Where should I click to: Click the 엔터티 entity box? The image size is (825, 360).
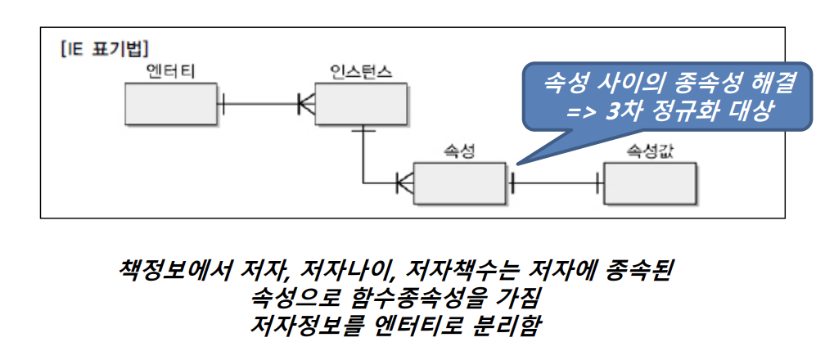[170, 105]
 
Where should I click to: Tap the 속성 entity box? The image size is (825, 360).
[460, 182]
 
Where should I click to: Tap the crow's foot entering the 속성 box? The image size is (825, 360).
[404, 182]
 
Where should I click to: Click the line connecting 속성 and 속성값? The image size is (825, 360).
[557, 182]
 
